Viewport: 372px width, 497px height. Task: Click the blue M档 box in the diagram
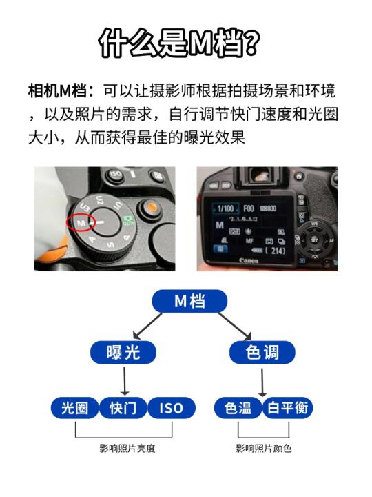pos(190,301)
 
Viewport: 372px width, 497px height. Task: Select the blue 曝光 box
pos(123,352)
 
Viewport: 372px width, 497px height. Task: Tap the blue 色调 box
pos(262,352)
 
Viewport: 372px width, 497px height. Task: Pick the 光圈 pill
pos(75,408)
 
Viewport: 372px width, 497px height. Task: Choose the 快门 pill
pos(123,408)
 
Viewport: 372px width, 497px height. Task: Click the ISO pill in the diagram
pos(172,408)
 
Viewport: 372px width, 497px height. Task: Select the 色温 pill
pos(238,408)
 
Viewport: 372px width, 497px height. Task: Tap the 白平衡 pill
pos(287,408)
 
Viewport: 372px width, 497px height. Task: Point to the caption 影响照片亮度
pos(127,448)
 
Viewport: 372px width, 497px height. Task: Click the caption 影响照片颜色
pos(263,448)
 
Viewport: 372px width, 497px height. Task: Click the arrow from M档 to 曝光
pos(147,326)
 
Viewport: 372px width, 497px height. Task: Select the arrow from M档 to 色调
pos(235,327)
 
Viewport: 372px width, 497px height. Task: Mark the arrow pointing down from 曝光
pos(125,381)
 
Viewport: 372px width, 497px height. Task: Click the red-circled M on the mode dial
pos(81,223)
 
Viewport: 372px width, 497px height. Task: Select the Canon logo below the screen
pos(249,260)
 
